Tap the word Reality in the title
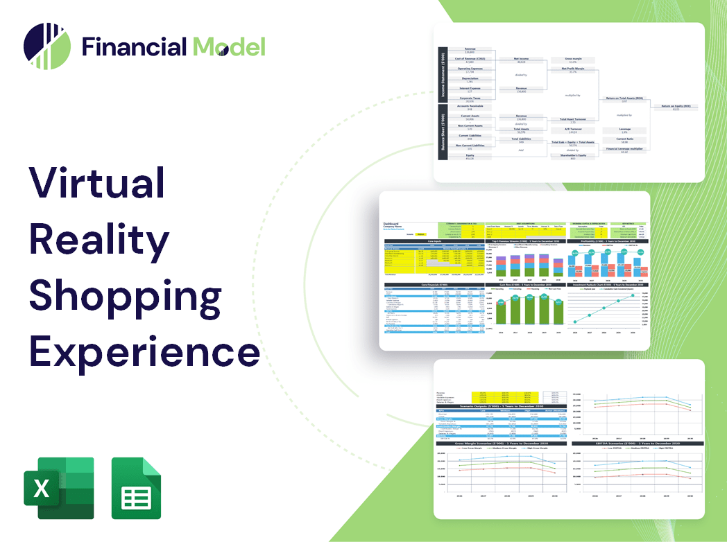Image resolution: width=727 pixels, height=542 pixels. click(99, 241)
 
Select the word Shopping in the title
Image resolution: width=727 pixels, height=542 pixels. click(125, 296)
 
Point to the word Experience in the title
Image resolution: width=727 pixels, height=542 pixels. click(144, 351)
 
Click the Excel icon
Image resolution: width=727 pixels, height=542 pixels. click(59, 488)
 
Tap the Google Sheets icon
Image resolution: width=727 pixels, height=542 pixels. click(137, 488)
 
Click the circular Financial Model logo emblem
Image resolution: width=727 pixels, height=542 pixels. click(47, 46)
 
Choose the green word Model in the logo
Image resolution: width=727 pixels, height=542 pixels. click(229, 47)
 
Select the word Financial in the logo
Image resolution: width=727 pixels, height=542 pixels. click(135, 47)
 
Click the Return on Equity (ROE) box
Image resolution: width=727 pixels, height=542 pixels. click(676, 107)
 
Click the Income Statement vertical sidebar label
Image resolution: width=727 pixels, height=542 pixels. click(441, 76)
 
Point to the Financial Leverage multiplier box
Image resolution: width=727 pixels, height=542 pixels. click(624, 150)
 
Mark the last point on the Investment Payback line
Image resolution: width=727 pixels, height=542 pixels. click(633, 296)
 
